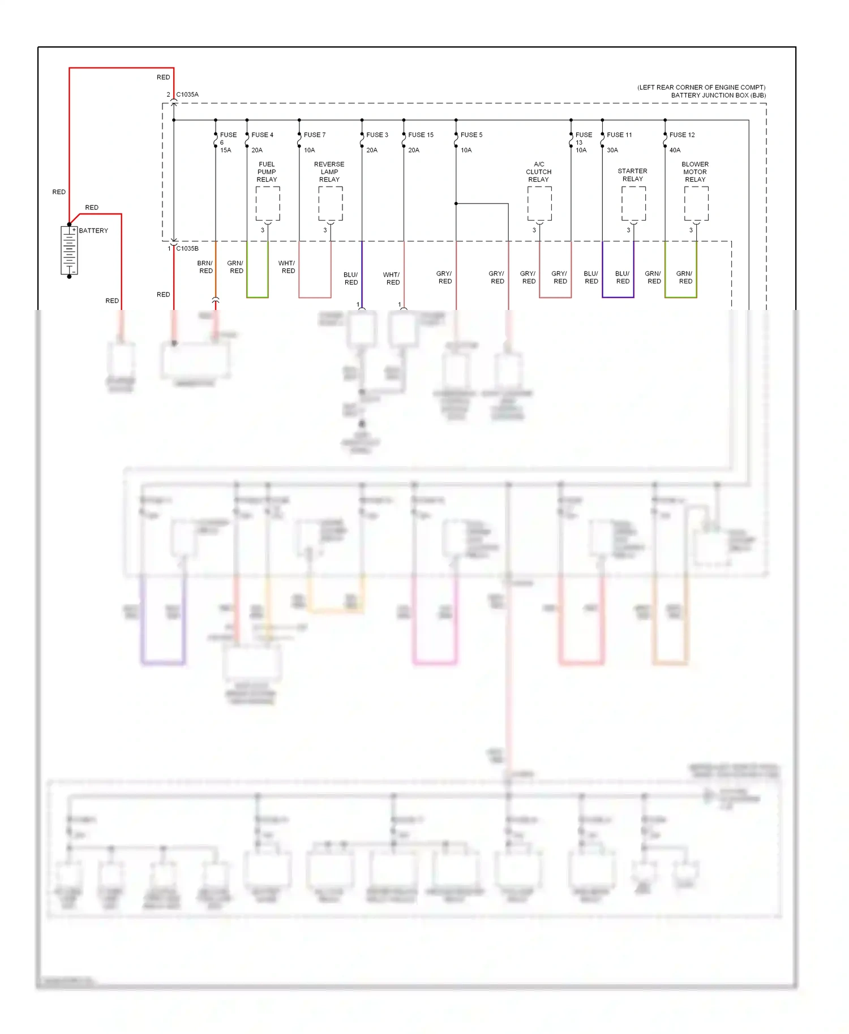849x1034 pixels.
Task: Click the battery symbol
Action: (69, 251)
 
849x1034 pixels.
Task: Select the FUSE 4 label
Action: (262, 135)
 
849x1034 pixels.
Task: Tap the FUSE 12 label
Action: (681, 135)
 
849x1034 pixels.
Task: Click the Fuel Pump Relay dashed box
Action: (267, 204)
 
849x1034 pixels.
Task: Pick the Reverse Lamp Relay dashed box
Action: (330, 204)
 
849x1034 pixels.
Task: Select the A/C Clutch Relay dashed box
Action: (539, 204)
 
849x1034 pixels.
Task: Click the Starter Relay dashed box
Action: (633, 204)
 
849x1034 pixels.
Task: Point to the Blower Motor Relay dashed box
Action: (696, 204)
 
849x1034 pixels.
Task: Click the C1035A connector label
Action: (187, 94)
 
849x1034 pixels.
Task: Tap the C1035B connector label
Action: (187, 248)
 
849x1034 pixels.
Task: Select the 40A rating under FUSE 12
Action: (675, 150)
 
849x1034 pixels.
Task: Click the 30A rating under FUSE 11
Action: (612, 150)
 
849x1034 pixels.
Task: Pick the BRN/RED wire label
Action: (205, 267)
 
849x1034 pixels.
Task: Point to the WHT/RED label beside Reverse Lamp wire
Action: (287, 267)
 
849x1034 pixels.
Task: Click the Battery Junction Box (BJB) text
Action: (718, 95)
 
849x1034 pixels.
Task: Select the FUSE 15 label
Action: (421, 135)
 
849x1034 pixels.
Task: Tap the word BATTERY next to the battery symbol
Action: (93, 231)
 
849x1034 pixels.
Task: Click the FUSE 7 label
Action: (314, 135)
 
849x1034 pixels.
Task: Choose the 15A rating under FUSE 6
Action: (225, 150)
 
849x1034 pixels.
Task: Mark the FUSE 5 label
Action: (471, 135)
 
